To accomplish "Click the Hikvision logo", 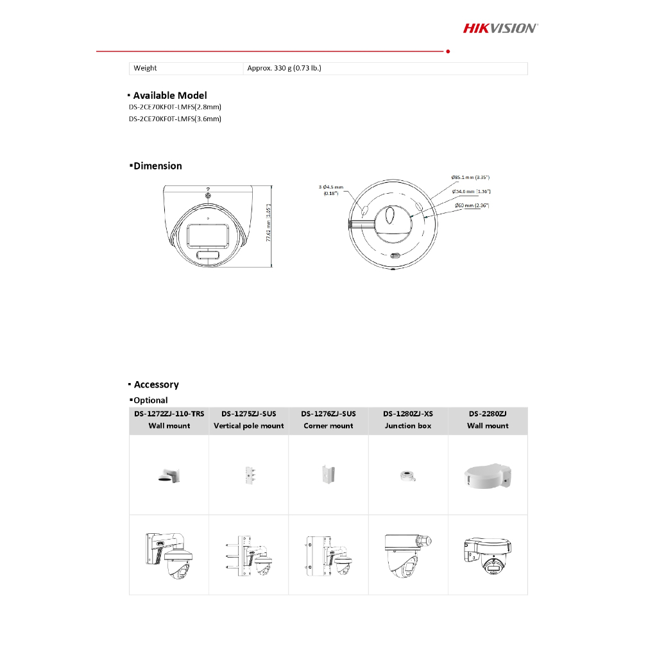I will tap(500, 28).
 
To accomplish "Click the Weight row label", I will tap(145, 68).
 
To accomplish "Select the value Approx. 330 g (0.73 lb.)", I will tap(284, 68).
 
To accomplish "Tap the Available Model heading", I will tap(170, 96).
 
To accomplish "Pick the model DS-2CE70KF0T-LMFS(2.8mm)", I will tap(175, 107).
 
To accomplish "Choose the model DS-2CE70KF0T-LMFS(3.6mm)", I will tap(175, 119).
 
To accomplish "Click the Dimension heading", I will tap(157, 166).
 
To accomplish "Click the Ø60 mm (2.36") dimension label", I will tap(471, 205).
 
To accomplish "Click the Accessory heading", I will tap(156, 385).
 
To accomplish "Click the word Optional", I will tap(150, 400).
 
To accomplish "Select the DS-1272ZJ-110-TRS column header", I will tap(169, 420).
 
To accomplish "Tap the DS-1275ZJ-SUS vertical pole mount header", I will tap(249, 420).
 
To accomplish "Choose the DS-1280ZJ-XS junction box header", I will tap(408, 420).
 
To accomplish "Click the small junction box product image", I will tap(408, 475).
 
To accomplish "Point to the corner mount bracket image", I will tap(328, 475).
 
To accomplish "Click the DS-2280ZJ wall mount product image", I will tap(488, 475).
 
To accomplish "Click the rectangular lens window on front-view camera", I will tap(208, 237).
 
